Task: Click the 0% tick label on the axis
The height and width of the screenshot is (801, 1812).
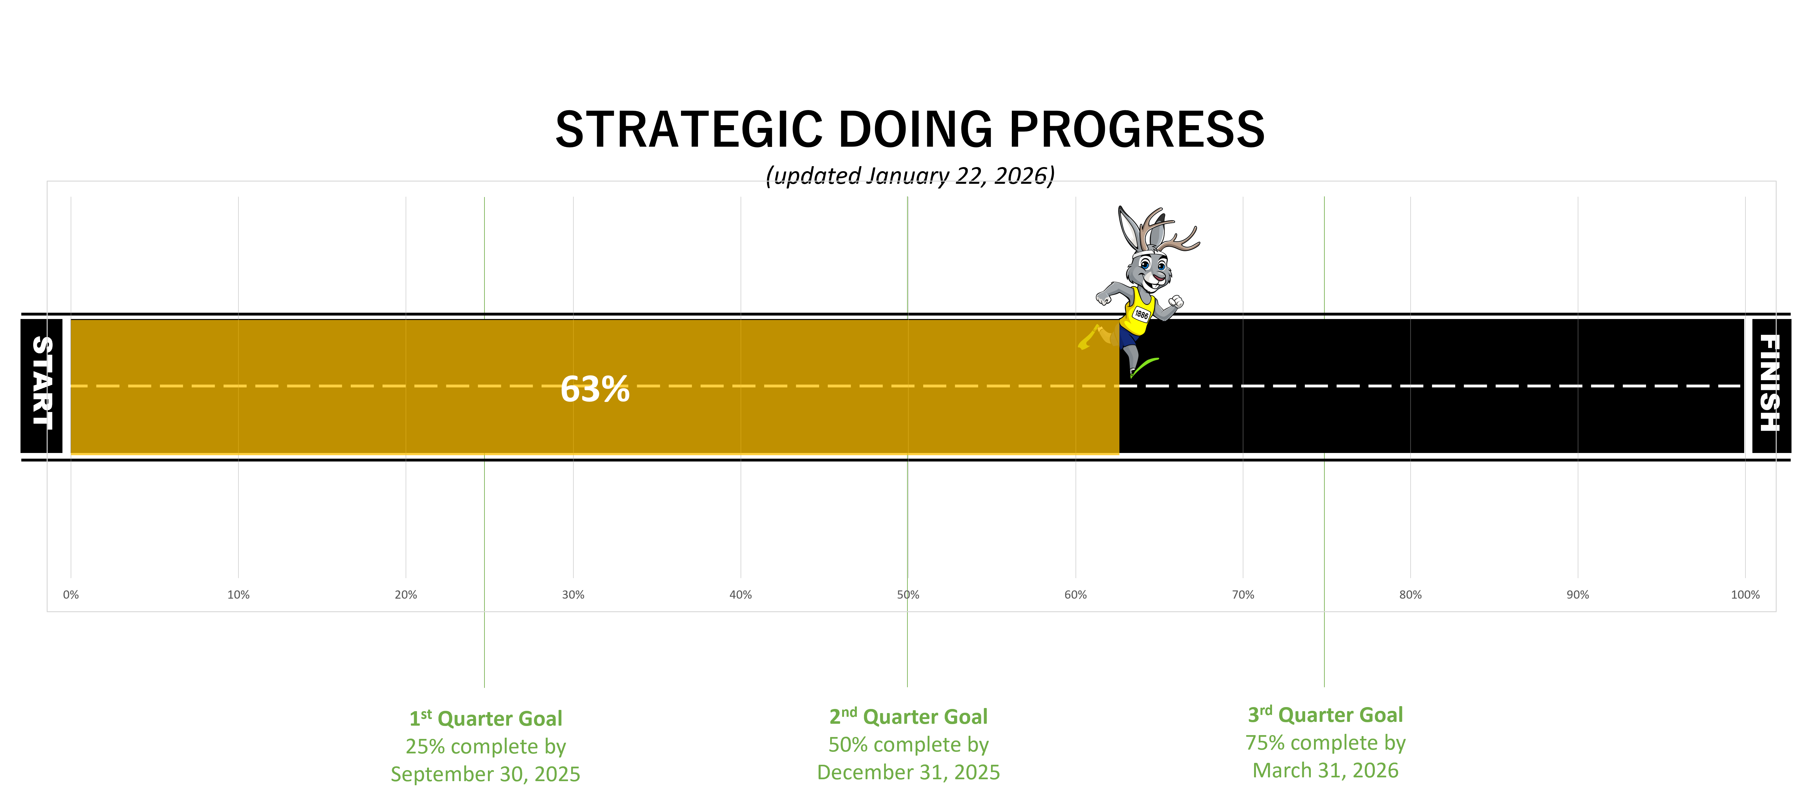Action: click(x=71, y=595)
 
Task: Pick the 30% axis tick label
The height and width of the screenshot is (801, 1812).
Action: click(x=573, y=595)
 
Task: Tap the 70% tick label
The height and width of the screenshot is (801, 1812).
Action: click(x=1243, y=595)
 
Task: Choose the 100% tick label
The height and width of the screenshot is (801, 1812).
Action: click(x=1745, y=595)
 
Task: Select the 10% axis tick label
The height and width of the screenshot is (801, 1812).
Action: click(x=238, y=595)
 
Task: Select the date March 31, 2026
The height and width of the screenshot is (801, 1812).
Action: click(x=1325, y=770)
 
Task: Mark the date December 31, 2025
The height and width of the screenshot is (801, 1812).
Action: click(x=908, y=772)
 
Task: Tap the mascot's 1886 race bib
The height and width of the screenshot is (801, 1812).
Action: click(x=1141, y=314)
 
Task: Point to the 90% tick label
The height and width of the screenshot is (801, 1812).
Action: click(x=1578, y=595)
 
